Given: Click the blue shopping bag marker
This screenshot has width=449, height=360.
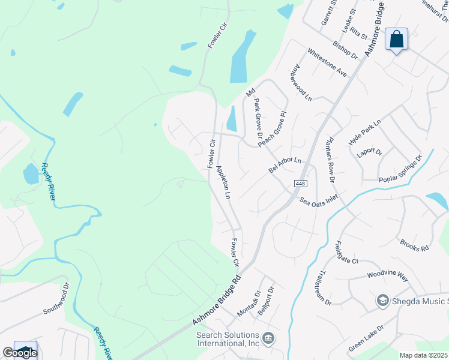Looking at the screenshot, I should tap(396, 40).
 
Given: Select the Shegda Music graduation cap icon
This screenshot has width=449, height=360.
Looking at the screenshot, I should tap(382, 300).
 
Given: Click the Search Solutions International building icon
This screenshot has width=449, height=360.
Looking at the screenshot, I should tap(268, 340).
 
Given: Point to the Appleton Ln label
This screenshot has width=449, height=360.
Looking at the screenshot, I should tap(223, 182).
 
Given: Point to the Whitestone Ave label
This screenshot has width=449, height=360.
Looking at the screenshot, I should tap(327, 62).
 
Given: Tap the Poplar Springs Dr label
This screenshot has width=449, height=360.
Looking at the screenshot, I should tap(400, 169).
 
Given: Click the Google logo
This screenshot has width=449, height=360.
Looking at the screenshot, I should tap(19, 353).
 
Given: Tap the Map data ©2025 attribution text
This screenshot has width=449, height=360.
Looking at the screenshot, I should tap(424, 355).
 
